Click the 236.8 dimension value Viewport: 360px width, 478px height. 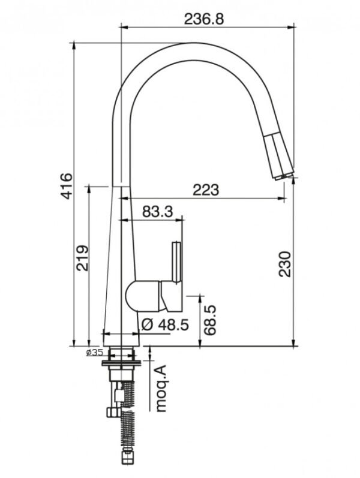204,19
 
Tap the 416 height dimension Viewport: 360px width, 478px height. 66,186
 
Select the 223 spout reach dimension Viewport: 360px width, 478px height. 206,190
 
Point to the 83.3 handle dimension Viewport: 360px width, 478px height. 157,212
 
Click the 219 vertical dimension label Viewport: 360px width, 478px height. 82,258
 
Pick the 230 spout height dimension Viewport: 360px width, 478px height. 284,264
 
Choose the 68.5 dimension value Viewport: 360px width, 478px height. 210,320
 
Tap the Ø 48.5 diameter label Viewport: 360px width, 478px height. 165,325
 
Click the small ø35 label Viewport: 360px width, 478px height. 95,353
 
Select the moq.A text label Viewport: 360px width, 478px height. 161,389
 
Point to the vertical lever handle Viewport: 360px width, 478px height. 177,262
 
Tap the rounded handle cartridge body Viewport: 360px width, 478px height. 143,296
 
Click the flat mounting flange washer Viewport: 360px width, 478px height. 121,363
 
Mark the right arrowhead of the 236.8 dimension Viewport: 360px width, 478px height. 293,28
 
